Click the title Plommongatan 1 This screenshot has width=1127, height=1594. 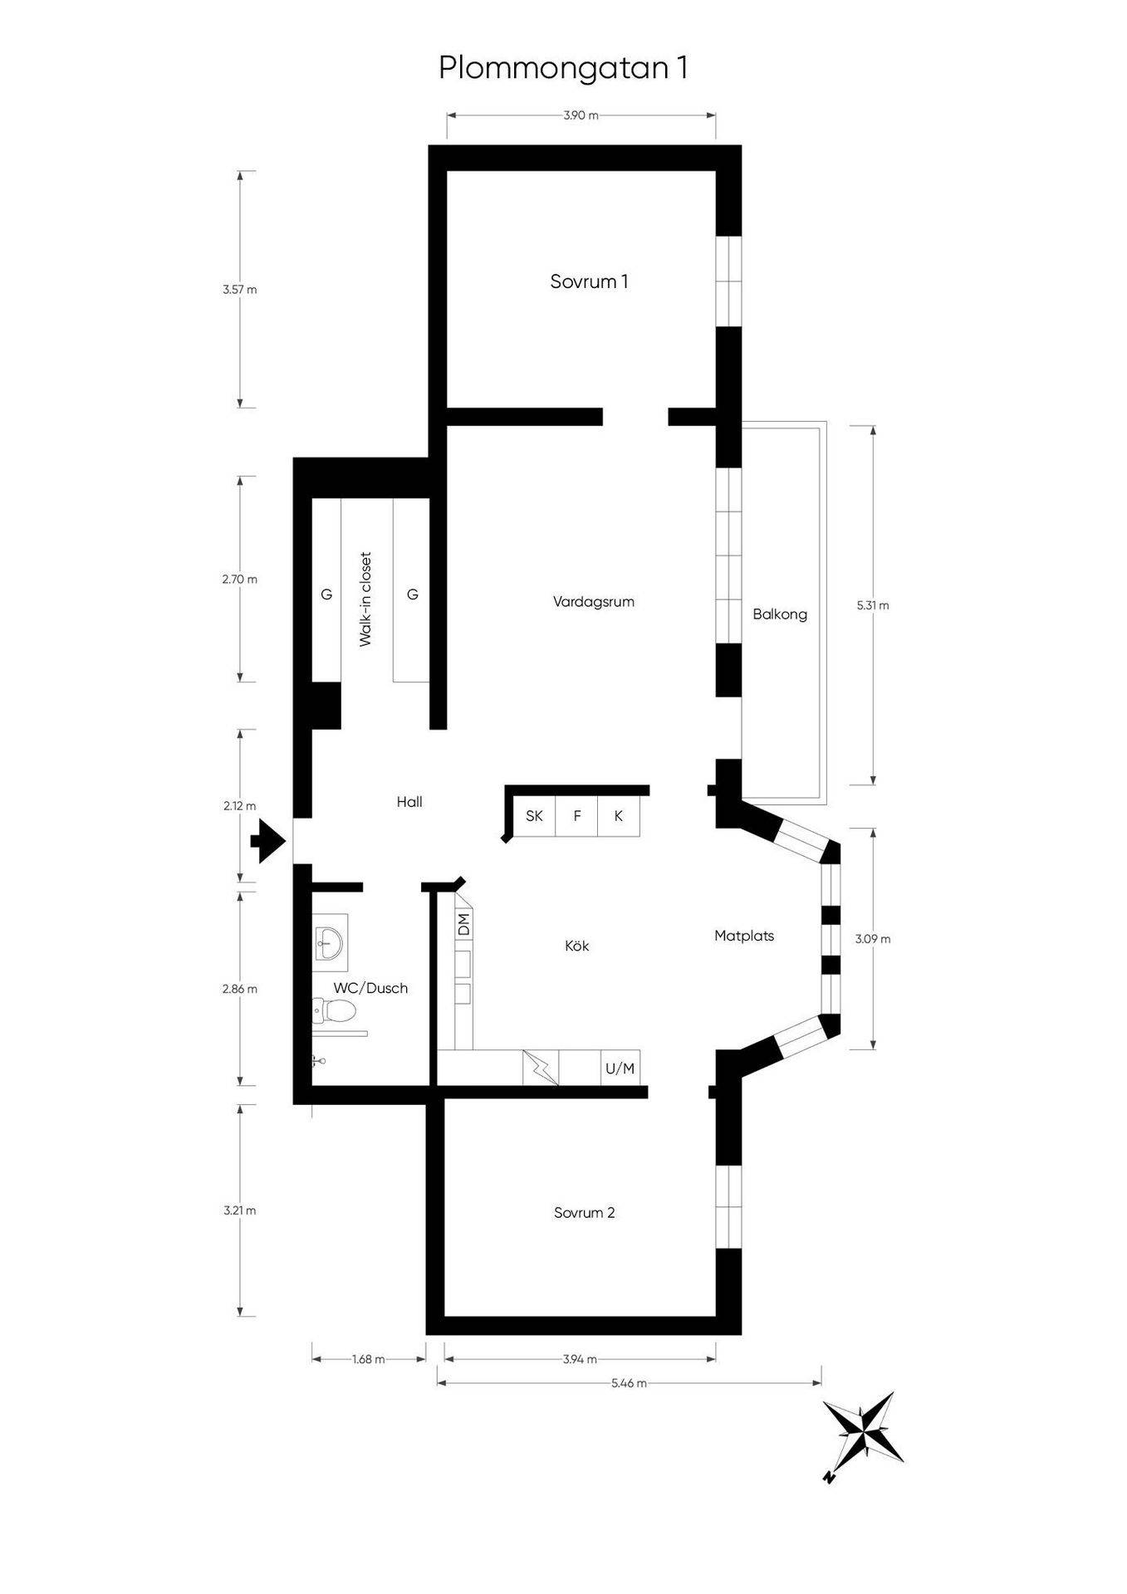pyautogui.click(x=563, y=68)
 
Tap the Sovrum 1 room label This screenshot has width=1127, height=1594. pyautogui.click(x=589, y=281)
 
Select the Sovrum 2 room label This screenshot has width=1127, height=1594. pyautogui.click(x=585, y=1213)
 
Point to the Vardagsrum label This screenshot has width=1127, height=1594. pyautogui.click(x=594, y=602)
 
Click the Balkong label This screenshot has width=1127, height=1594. pyautogui.click(x=780, y=614)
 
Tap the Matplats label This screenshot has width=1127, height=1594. pyautogui.click(x=744, y=936)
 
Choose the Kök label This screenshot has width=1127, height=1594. pyautogui.click(x=577, y=946)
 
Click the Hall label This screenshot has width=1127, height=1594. pyautogui.click(x=409, y=802)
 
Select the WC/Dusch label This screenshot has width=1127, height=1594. pyautogui.click(x=370, y=988)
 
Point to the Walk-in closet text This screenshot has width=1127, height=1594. pyautogui.click(x=365, y=599)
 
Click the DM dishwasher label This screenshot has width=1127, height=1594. pyautogui.click(x=464, y=923)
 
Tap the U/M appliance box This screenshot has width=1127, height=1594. pyautogui.click(x=620, y=1068)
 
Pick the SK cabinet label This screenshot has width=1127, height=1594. pyautogui.click(x=534, y=816)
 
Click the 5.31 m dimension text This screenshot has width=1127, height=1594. pyautogui.click(x=873, y=606)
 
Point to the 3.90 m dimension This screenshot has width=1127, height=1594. pyautogui.click(x=581, y=115)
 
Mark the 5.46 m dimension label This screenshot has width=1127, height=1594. pyautogui.click(x=629, y=1383)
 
